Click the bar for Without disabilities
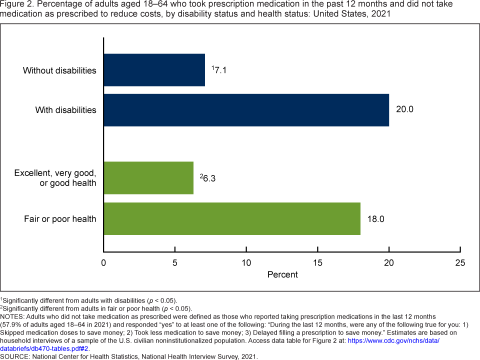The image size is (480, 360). pos(154,70)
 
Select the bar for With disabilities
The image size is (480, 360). pos(246,109)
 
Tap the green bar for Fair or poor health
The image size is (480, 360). pos(231,218)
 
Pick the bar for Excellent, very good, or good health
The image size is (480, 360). pos(148,177)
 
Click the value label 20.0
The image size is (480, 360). pos(404,109)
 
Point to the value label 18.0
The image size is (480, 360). pos(376,218)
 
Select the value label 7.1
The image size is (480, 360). pos(220,70)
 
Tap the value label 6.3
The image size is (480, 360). pos(209,177)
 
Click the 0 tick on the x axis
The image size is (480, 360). pos(103,262)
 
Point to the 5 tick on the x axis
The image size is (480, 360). pos(175,262)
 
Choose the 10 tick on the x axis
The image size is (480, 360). pos(246,262)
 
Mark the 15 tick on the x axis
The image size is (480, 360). pos(317,262)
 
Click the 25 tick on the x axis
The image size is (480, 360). pos(460,262)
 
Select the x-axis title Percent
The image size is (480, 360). pos(282,274)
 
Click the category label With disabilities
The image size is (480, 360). pos(65,110)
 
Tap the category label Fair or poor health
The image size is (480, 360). pos(60,219)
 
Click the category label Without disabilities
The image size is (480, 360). pos(59,70)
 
